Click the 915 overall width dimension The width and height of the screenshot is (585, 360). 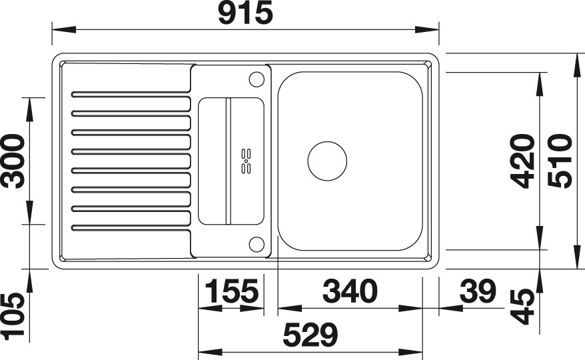point(245,13)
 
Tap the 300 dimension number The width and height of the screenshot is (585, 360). point(13,161)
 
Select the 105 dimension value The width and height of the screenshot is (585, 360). point(13,317)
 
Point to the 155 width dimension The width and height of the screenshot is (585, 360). point(232,291)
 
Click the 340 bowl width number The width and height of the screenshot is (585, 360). point(350,291)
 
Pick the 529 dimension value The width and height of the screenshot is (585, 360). point(310,335)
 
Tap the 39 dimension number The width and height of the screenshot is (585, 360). point(478,291)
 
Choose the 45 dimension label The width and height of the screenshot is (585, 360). point(522,306)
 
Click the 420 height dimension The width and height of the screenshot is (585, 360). point(522,161)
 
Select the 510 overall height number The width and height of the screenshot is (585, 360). point(560,161)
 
